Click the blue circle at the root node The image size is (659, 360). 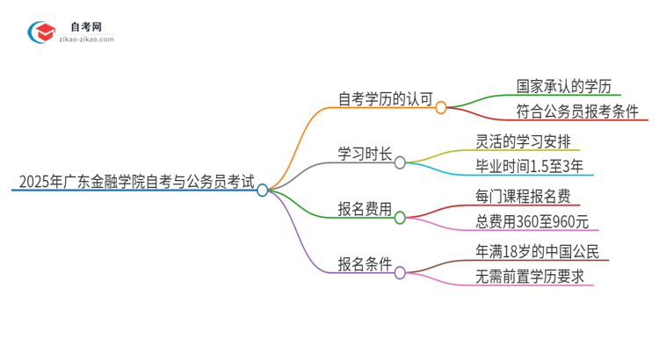tap(262, 190)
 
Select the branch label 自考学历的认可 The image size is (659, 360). tap(386, 99)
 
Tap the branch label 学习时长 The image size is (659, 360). tap(365, 155)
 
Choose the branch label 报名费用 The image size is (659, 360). tap(365, 210)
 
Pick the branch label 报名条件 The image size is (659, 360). tap(365, 264)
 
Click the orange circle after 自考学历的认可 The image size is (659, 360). tap(441, 107)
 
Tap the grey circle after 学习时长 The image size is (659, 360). tap(400, 162)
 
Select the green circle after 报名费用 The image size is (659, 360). tap(400, 218)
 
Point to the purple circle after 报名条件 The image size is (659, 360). tap(400, 272)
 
